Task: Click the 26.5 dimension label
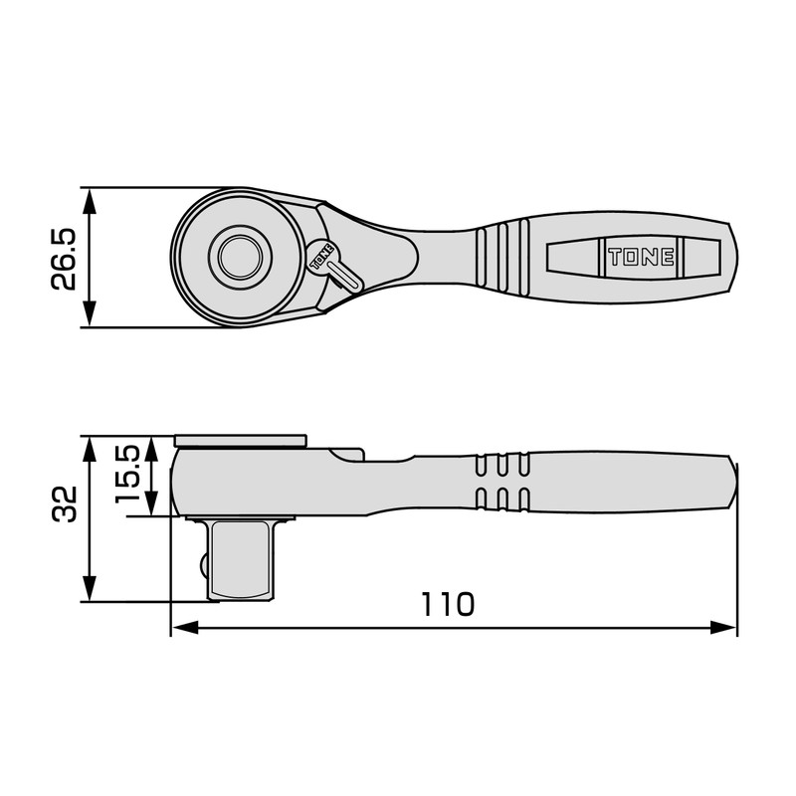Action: tap(64, 258)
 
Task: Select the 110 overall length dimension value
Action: tap(447, 604)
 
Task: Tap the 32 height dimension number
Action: tap(64, 503)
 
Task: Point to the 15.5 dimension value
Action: tap(127, 474)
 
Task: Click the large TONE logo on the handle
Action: tap(642, 258)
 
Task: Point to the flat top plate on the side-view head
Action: tap(240, 440)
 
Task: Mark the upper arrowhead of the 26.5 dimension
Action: tap(90, 198)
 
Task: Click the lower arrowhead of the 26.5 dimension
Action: tap(90, 316)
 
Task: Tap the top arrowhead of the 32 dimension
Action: tap(90, 446)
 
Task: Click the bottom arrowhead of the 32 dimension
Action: tap(90, 590)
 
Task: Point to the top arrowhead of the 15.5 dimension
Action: tap(151, 447)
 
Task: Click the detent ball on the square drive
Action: tap(205, 564)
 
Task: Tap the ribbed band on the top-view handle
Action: tap(503, 258)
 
